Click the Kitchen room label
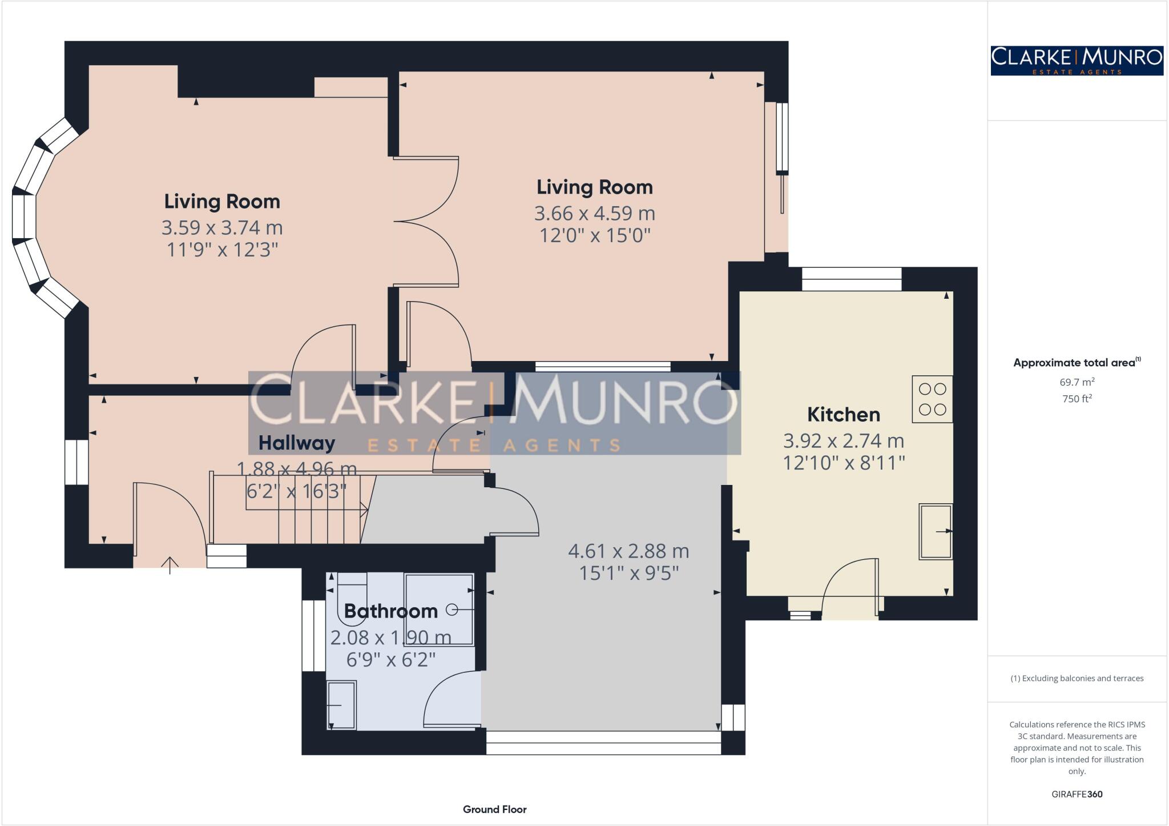point(843,414)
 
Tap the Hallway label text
point(296,443)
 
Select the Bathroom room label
point(390,611)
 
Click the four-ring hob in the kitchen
point(932,399)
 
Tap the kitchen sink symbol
point(935,531)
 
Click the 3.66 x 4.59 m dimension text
point(594,213)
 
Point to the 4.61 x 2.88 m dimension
point(628,551)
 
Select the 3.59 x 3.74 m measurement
point(221,227)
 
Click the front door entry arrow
point(170,564)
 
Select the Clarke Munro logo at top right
point(1077,61)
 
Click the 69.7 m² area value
point(1077,382)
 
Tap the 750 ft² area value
point(1077,399)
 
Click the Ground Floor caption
point(494,809)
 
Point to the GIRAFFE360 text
point(1077,794)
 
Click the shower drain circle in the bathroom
point(452,610)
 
